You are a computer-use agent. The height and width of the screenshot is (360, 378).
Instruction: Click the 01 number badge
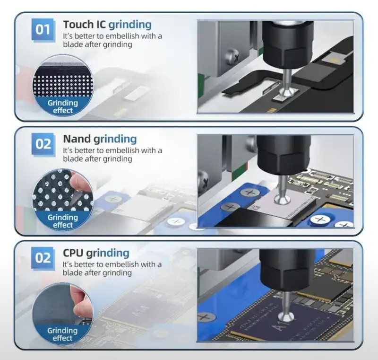point(43,29)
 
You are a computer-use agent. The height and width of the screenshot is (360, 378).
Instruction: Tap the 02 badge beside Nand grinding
point(43,144)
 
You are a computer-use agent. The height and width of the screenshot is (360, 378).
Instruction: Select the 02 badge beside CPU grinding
point(43,258)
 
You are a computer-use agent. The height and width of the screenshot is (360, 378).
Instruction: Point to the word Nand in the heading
point(77,139)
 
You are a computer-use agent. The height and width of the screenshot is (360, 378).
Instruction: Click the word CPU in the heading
point(73,253)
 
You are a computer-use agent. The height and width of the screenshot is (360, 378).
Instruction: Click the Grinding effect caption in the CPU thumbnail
point(62,334)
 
